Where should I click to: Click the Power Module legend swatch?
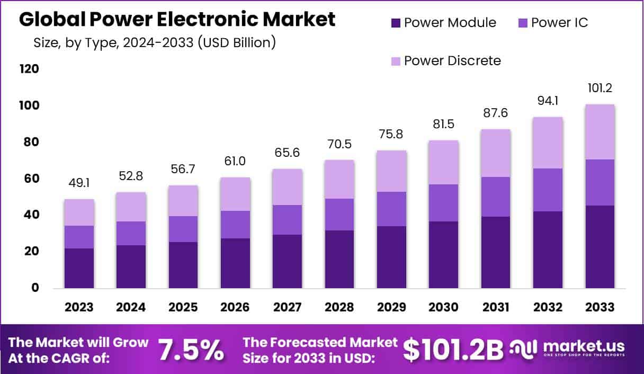pyautogui.click(x=396, y=23)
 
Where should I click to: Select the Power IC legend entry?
pyautogui.click(x=559, y=23)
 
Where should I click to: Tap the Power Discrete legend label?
pyautogui.click(x=452, y=60)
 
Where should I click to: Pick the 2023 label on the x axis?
pyautogui.click(x=79, y=307)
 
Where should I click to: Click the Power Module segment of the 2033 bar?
pyautogui.click(x=600, y=246)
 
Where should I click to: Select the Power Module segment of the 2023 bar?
pyautogui.click(x=79, y=268)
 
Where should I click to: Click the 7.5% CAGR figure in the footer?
pyautogui.click(x=191, y=350)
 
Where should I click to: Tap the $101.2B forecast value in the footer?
pyautogui.click(x=453, y=350)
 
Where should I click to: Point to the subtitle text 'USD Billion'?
pyautogui.click(x=239, y=42)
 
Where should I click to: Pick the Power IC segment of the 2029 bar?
pyautogui.click(x=391, y=209)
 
